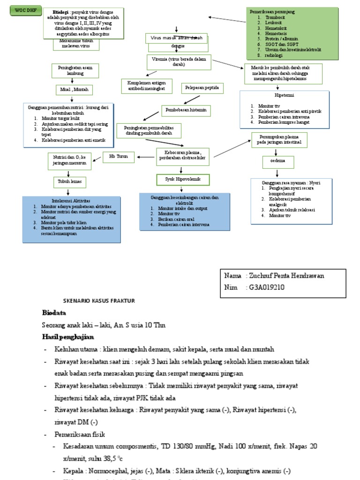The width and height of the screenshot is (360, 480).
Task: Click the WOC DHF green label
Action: (x=22, y=10)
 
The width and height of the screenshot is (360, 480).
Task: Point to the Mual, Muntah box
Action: (x=71, y=89)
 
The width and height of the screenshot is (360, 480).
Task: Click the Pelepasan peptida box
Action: (x=201, y=88)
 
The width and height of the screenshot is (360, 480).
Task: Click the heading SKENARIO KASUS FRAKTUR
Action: (x=99, y=300)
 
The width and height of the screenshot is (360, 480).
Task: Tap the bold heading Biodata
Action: (x=54, y=313)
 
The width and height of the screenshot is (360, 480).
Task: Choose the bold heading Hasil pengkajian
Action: (x=68, y=337)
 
